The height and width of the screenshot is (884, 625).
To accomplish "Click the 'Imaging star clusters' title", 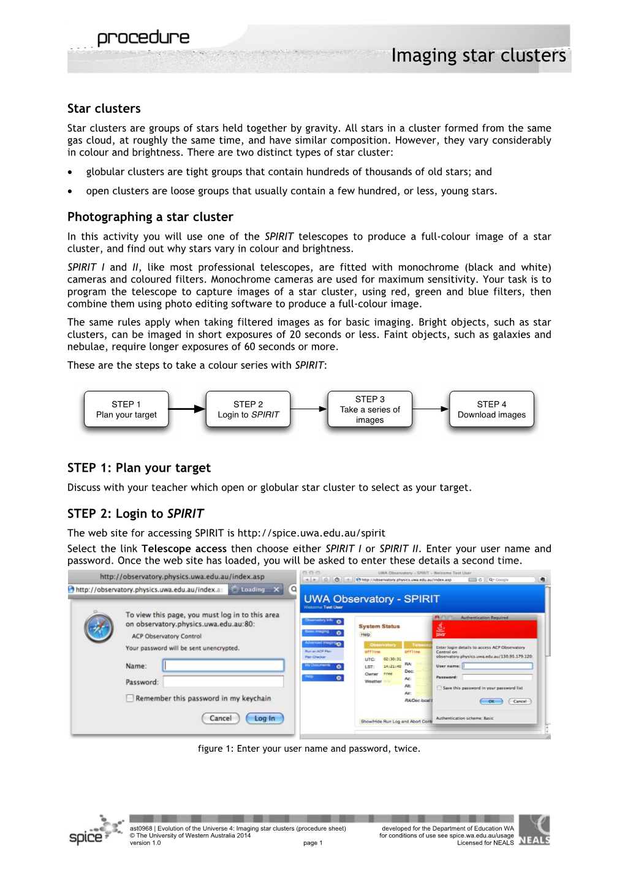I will coord(478,56).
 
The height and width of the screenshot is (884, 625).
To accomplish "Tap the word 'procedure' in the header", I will coord(143,38).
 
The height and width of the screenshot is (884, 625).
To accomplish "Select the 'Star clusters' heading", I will coord(104,109).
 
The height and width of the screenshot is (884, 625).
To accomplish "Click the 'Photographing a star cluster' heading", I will coord(150,217).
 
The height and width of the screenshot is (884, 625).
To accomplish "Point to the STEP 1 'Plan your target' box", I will coord(126,409).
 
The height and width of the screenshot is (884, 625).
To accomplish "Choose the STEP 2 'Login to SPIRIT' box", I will coord(248,409).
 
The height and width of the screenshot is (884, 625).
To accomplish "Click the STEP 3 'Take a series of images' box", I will coord(370,409).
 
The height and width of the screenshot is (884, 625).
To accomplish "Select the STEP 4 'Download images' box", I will coord(491,409).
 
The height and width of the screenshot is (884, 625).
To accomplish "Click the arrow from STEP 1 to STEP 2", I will coord(187,409).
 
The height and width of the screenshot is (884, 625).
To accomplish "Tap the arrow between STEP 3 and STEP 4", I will coord(431,409).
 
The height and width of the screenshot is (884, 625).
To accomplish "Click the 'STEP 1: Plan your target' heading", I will coord(139,468).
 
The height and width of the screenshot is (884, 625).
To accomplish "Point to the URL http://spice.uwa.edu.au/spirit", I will coord(311,533).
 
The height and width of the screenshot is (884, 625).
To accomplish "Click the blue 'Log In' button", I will coord(265,718).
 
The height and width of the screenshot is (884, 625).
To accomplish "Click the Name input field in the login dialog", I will coord(224,665).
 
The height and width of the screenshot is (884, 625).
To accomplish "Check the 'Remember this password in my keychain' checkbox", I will coord(130,698).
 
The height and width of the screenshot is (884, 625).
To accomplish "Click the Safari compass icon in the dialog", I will coord(99,628).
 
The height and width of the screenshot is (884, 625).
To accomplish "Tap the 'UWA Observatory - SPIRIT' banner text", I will coord(371,599).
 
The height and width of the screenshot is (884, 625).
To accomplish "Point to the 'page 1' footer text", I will coord(312,843).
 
